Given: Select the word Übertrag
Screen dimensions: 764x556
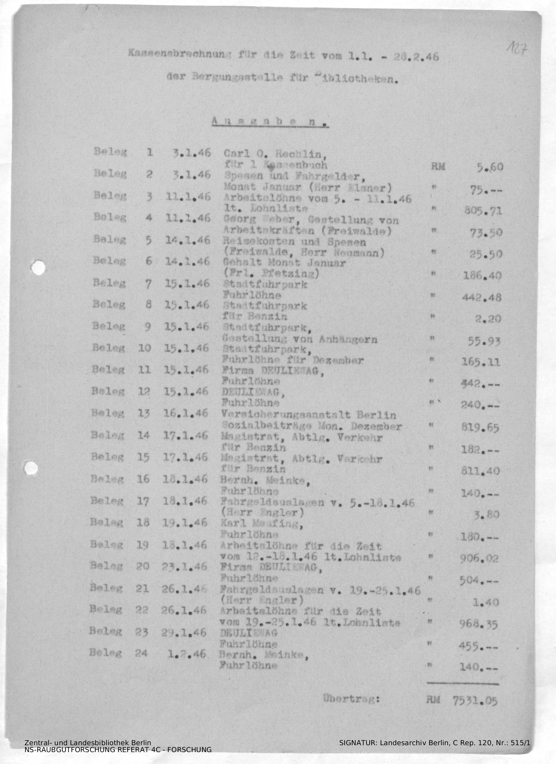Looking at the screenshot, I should pyautogui.click(x=351, y=699).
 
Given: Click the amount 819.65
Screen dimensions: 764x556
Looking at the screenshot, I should pyautogui.click(x=480, y=428).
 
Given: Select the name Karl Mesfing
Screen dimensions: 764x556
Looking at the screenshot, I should pyautogui.click(x=261, y=524).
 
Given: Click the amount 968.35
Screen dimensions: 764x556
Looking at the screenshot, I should pyautogui.click(x=478, y=625).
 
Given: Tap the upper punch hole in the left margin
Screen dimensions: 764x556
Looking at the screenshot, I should pyautogui.click(x=38, y=267).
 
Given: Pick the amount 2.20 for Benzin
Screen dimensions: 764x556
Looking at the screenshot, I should pyautogui.click(x=487, y=319).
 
